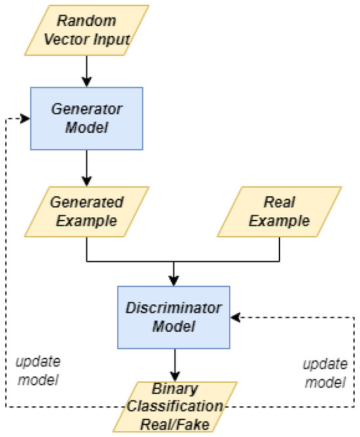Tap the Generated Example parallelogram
tap(87, 211)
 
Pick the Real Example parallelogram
tap(279, 211)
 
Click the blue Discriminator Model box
tap(174, 317)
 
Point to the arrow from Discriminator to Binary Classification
tap(174, 364)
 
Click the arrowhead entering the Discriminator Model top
tap(174, 281)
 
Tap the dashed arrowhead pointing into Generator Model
tap(26, 118)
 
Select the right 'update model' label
tap(323, 372)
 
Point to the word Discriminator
tap(174, 307)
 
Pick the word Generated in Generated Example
tap(87, 202)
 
